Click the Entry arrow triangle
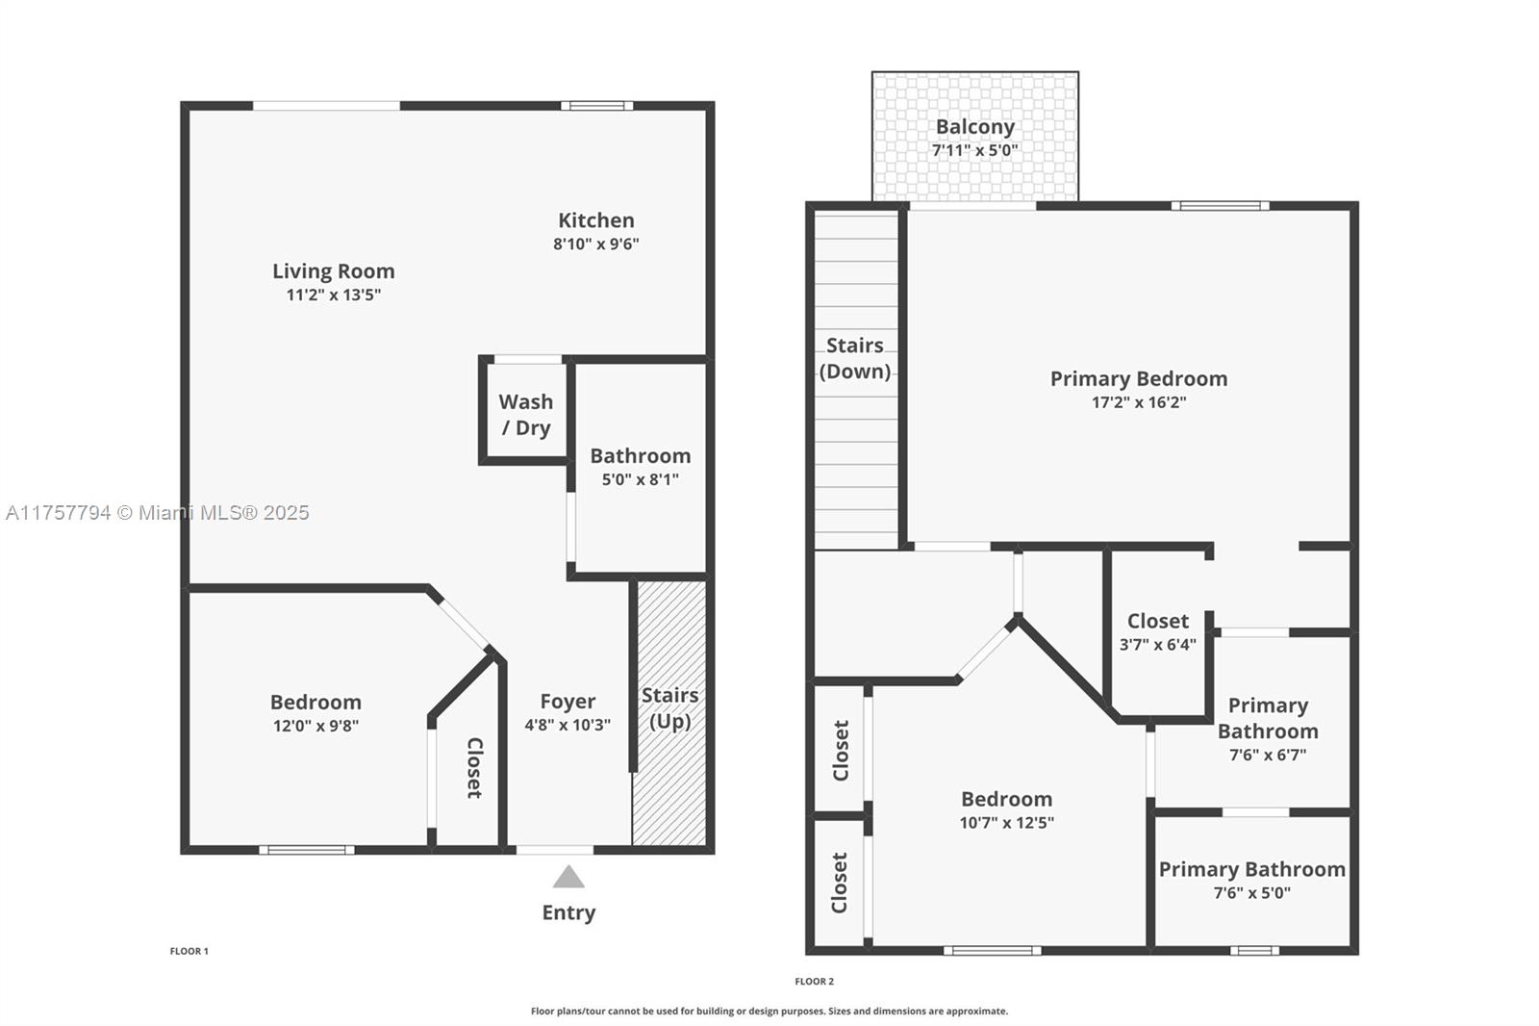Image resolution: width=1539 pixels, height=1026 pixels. (x=568, y=877)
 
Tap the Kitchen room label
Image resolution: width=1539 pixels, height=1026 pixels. (x=596, y=220)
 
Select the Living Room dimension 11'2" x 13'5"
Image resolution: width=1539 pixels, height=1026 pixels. (x=334, y=295)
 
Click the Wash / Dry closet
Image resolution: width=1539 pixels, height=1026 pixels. (x=525, y=414)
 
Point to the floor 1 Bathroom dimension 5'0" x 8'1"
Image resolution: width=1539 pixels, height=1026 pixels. (x=641, y=479)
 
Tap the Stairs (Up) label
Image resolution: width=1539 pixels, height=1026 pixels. (x=669, y=707)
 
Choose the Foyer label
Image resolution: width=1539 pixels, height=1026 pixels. (x=568, y=702)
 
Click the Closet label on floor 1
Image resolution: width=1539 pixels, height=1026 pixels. (x=474, y=767)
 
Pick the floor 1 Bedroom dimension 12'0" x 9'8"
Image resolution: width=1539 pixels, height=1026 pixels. (x=315, y=726)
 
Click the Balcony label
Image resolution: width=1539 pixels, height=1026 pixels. (x=975, y=127)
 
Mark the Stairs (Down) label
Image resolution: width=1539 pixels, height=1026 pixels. (x=855, y=358)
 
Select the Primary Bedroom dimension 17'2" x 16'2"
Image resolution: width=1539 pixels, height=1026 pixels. (x=1139, y=402)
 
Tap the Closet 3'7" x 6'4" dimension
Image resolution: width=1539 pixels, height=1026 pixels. (x=1158, y=645)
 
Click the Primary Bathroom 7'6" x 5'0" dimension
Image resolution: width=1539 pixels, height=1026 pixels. (x=1252, y=893)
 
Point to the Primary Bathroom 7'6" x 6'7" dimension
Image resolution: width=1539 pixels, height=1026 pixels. (x=1268, y=756)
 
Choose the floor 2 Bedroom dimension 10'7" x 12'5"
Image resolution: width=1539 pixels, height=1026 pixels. (x=1007, y=823)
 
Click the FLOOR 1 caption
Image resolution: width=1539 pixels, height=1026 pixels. (x=189, y=951)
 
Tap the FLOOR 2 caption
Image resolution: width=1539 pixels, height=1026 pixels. (x=815, y=982)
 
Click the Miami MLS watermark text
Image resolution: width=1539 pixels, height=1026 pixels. (x=158, y=513)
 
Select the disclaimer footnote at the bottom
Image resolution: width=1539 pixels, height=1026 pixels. (x=769, y=1012)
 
